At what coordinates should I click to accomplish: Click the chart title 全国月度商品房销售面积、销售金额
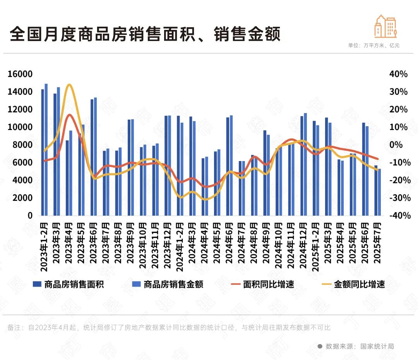(x=145, y=34)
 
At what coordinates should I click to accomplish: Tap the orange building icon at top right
(x=385, y=26)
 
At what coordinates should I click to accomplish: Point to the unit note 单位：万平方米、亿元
(x=373, y=45)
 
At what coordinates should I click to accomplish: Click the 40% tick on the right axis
(x=398, y=74)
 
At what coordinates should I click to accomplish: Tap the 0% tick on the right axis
(x=398, y=145)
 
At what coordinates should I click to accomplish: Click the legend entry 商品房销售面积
(x=69, y=285)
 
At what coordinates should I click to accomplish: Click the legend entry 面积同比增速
(x=263, y=285)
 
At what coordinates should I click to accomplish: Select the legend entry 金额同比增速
(x=354, y=285)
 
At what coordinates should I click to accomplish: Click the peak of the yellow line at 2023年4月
(x=69, y=85)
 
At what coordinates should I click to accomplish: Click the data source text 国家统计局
(x=377, y=346)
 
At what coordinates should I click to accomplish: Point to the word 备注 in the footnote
(x=14, y=328)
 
